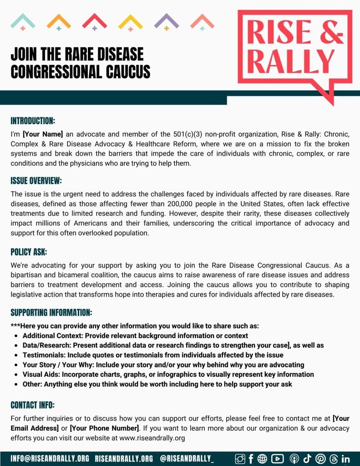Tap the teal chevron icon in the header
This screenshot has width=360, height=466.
(23, 21)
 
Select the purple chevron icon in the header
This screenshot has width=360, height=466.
(167, 21)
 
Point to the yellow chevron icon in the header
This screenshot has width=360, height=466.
(131, 21)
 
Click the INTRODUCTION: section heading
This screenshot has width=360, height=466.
(33, 121)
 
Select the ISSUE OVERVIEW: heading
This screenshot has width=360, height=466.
(36, 181)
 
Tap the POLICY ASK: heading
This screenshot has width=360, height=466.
(29, 252)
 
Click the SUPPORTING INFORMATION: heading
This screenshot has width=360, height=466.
(51, 313)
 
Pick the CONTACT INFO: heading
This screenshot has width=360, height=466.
(32, 405)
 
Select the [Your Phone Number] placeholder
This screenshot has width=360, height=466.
(105, 428)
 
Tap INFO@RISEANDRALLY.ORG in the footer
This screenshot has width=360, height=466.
(50, 458)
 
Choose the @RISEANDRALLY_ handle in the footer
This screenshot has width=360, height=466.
(187, 458)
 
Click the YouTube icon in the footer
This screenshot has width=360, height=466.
(277, 459)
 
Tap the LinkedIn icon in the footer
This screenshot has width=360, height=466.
(345, 459)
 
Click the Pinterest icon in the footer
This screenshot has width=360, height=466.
(320, 459)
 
